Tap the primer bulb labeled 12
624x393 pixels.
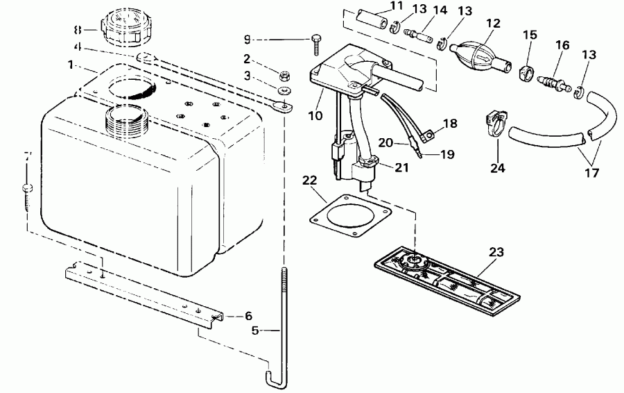(474, 54)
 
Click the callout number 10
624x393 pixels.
(315, 115)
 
